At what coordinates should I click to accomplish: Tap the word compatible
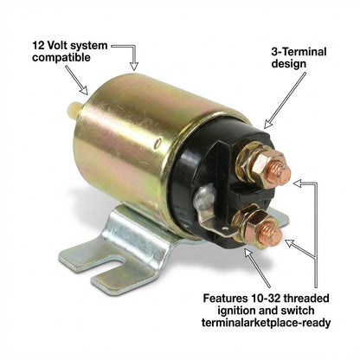point(61,57)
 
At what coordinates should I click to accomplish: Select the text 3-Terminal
point(299,52)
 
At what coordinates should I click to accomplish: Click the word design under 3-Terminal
point(289,64)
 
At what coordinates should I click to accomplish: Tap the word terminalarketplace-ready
point(266,323)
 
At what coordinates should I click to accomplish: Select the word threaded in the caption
point(305,298)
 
